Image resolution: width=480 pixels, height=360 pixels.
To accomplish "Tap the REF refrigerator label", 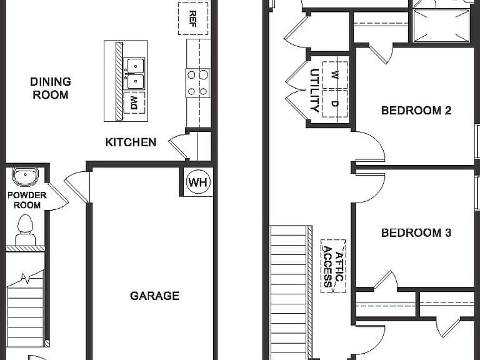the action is [x=193, y=19].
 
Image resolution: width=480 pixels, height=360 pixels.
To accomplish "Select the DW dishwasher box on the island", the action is [x=134, y=103].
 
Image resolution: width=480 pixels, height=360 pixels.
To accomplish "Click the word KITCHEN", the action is [x=131, y=142].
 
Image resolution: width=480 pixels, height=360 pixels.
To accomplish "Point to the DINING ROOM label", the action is [x=51, y=88].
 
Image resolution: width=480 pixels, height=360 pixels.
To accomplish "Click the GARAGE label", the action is [x=154, y=296].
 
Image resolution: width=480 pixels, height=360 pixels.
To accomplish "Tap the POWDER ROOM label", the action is [x=27, y=200].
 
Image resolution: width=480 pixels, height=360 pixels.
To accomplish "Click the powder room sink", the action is [x=25, y=177].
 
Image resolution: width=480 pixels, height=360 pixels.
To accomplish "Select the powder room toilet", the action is [x=25, y=230].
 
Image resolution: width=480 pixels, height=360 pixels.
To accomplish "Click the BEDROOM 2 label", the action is [x=416, y=110].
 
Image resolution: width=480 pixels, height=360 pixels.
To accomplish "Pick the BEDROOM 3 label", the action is [x=416, y=233].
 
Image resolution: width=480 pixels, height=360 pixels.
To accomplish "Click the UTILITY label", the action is [x=314, y=91].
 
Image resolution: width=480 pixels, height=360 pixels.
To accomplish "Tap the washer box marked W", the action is [x=335, y=75].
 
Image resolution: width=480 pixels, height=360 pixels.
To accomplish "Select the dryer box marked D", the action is [x=335, y=104].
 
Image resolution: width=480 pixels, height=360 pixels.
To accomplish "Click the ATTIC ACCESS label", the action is [x=333, y=266].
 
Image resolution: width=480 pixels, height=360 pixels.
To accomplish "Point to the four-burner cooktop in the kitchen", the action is [x=197, y=83].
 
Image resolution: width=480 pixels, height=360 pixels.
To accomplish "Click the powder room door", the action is [x=57, y=196].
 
